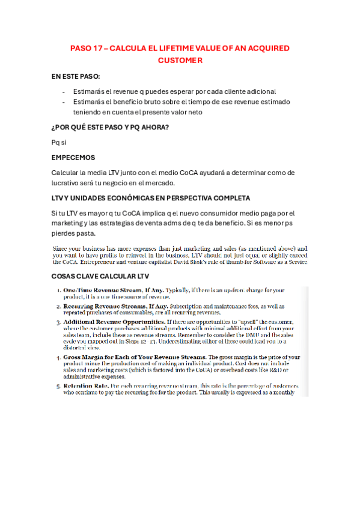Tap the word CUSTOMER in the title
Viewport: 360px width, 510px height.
click(x=180, y=60)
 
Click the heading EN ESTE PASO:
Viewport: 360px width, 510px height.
click(x=76, y=77)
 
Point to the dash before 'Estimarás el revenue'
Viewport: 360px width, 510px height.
click(x=64, y=91)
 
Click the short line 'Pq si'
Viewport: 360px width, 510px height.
click(x=59, y=142)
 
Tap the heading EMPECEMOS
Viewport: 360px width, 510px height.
click(x=73, y=158)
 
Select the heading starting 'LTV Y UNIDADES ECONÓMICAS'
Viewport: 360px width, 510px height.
click(x=151, y=198)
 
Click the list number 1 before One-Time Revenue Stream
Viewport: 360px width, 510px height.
click(x=58, y=290)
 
